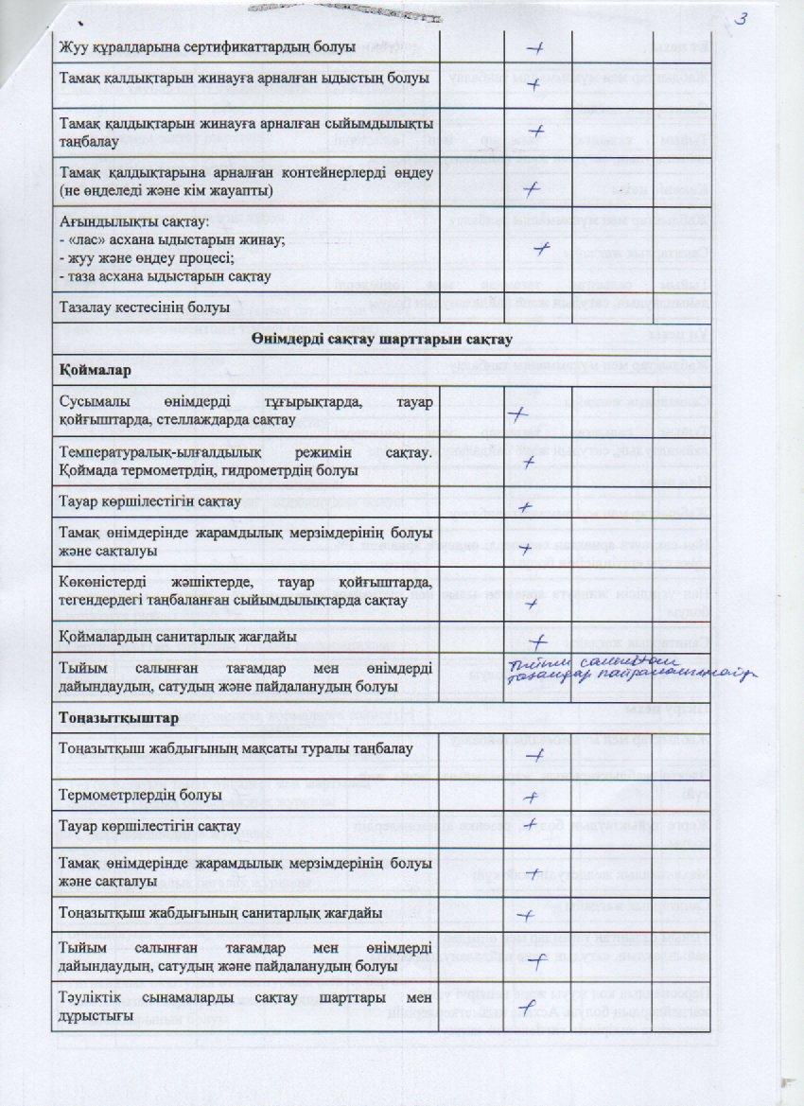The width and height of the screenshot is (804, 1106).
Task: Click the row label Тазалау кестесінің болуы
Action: [145, 308]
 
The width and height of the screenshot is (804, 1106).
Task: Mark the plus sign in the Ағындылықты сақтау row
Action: [542, 248]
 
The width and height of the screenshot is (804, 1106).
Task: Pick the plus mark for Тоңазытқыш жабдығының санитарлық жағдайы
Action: [531, 915]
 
